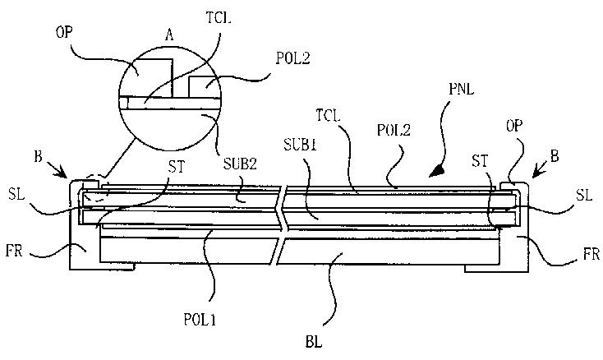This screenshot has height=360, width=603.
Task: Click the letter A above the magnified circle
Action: pos(169,35)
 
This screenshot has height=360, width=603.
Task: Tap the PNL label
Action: pos(462,90)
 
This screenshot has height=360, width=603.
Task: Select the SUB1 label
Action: pos(301,145)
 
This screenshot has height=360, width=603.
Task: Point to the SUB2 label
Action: pos(240,164)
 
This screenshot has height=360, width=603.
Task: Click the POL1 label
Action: pos(200,320)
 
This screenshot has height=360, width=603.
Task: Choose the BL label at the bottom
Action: pos(314,342)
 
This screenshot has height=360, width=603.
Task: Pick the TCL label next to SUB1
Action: pos(329,115)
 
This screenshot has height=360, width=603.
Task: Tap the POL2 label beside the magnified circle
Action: pos(293,58)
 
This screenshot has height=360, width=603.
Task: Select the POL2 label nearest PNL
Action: pos(394,130)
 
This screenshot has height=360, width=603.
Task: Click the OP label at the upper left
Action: pos(64,32)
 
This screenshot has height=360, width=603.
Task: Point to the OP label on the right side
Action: pos(514,126)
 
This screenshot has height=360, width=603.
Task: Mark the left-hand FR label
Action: pos(14,252)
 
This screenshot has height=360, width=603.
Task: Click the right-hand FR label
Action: pos(591,254)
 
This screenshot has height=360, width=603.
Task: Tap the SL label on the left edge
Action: pos(16,194)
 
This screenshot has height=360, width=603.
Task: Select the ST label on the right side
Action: pos(480,162)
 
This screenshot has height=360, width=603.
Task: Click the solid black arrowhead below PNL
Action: pos(435,172)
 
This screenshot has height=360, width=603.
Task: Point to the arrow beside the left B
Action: pos(58,170)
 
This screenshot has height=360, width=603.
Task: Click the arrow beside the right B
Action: pos(540,170)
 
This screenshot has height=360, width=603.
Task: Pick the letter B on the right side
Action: pos(555,157)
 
